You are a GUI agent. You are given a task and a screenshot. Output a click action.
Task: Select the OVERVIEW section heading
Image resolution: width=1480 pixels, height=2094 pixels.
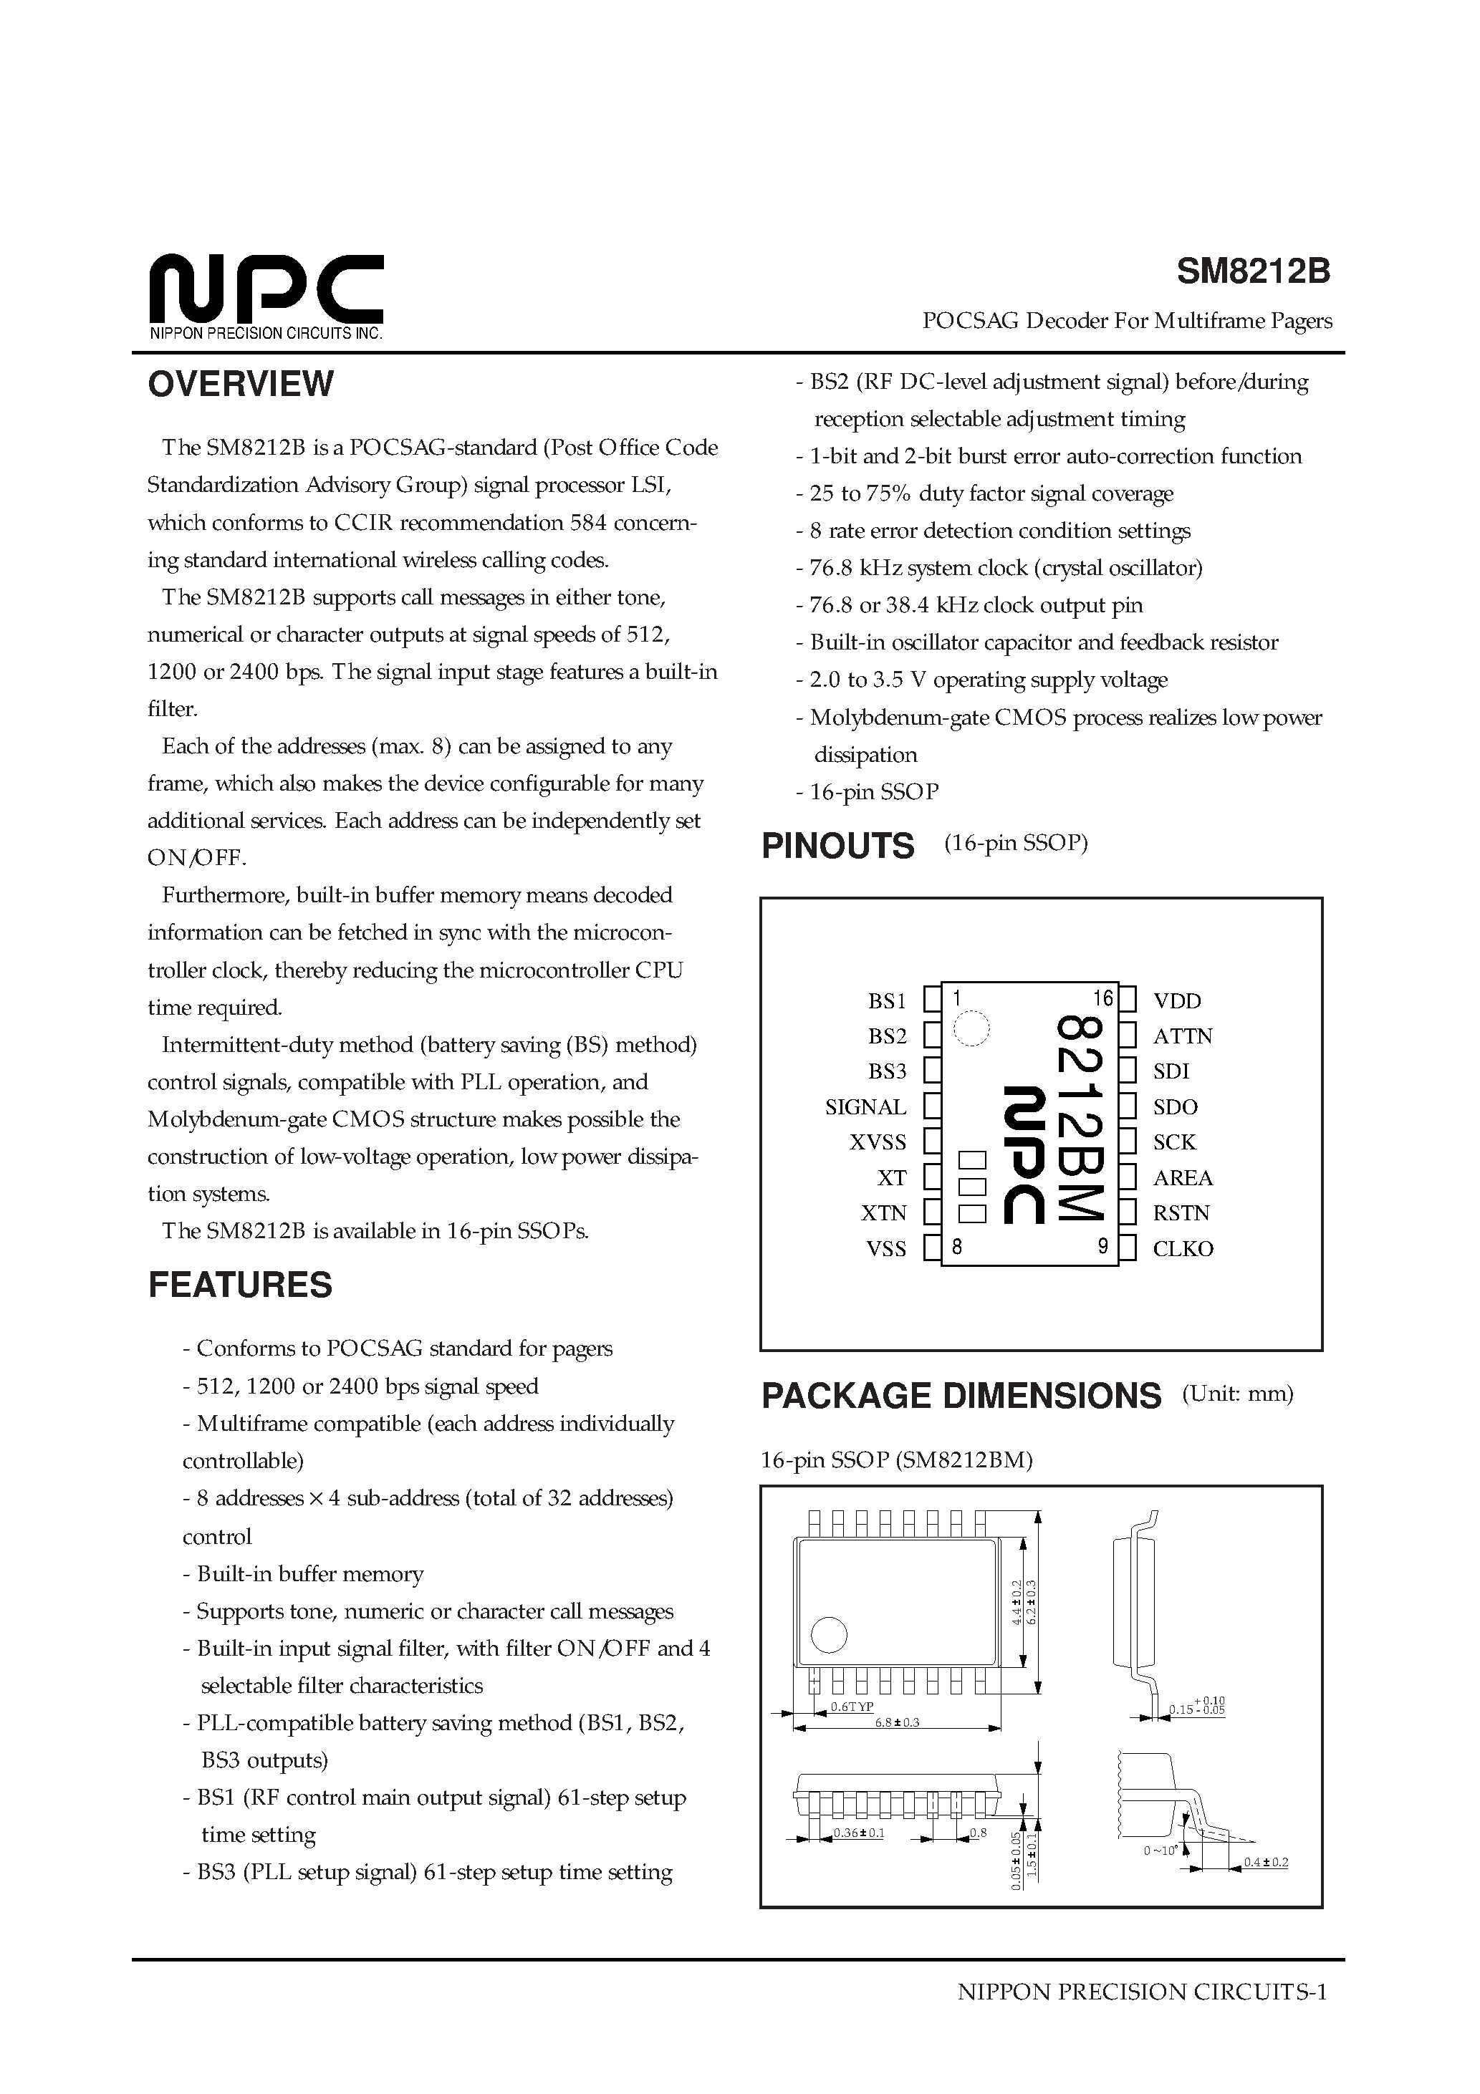241,384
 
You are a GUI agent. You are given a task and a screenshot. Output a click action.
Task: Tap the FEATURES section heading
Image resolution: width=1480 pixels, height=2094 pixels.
240,1285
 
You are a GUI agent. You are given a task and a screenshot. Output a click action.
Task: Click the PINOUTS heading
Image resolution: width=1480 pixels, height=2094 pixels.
837,846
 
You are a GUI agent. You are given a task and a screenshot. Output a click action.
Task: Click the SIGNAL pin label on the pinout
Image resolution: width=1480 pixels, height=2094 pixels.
865,1107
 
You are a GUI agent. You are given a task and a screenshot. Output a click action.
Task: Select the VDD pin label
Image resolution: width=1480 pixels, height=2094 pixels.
1177,1001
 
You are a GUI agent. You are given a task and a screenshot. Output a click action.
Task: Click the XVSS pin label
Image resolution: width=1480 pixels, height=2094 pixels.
878,1143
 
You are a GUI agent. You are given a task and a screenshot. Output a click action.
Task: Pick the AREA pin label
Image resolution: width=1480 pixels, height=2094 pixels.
1183,1178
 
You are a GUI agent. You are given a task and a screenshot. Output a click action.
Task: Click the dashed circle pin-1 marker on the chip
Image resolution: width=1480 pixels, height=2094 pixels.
971,1029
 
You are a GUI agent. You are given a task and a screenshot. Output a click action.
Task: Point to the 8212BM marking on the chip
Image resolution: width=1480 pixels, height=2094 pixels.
1081,1117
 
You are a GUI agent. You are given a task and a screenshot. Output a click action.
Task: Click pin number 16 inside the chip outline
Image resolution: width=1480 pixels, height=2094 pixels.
1103,999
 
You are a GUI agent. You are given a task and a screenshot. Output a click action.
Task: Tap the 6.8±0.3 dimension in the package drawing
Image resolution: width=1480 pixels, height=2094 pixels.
897,1722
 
